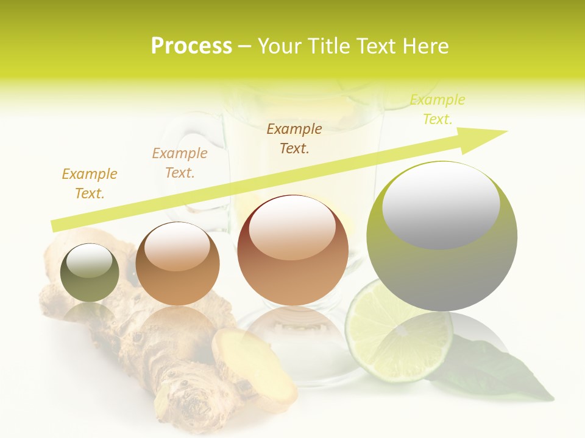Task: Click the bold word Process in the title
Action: [191, 46]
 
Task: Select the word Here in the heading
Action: [426, 46]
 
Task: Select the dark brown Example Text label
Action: [294, 138]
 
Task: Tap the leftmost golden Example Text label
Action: [90, 183]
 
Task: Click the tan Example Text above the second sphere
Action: [180, 163]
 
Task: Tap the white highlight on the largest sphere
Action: [441, 205]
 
